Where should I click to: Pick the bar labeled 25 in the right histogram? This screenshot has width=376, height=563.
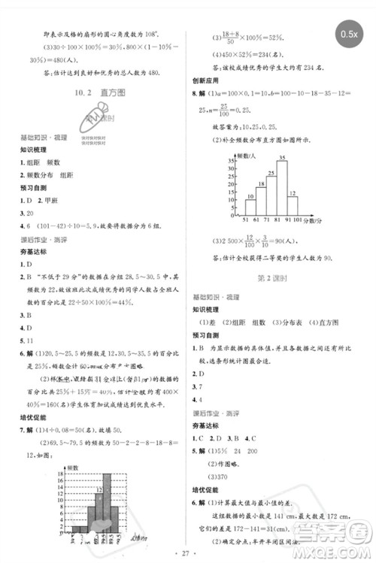pos(271,196)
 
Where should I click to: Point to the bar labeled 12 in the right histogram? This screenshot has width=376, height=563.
pos(293,207)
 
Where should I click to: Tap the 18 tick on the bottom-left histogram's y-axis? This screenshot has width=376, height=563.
pos(65,479)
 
